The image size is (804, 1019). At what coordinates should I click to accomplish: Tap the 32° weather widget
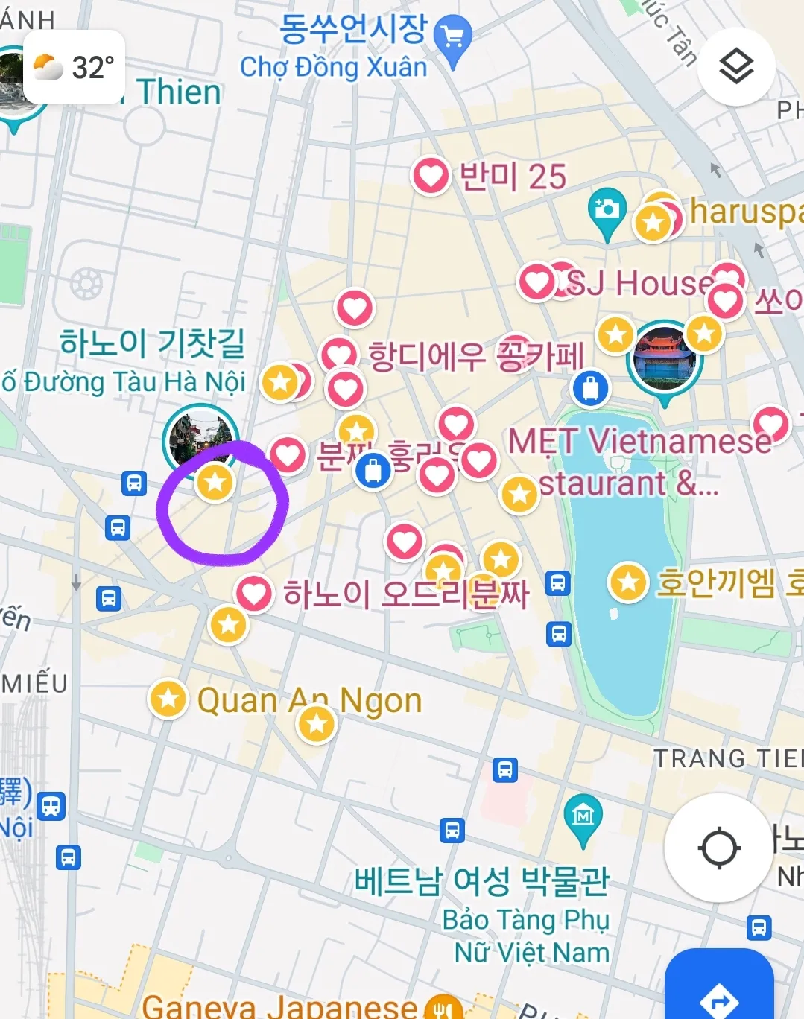click(x=74, y=68)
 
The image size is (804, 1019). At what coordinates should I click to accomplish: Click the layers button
click(x=736, y=67)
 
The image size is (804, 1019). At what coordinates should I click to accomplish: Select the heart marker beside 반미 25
click(x=431, y=177)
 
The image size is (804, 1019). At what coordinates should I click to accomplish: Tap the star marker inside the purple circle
click(x=215, y=482)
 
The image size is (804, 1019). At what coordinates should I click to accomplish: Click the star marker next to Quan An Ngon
click(x=168, y=699)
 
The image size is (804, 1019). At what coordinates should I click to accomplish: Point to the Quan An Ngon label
click(x=309, y=700)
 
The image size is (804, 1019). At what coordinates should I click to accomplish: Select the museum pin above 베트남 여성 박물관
click(x=583, y=817)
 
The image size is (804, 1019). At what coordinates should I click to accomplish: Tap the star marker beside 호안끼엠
click(x=628, y=582)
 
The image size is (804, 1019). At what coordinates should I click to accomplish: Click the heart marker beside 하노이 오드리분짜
click(x=254, y=594)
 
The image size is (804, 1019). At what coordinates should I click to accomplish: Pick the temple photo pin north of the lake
click(x=664, y=361)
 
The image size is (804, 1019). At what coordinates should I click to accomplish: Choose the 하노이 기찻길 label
click(x=153, y=343)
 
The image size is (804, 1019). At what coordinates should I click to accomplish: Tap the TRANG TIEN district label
click(x=727, y=758)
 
